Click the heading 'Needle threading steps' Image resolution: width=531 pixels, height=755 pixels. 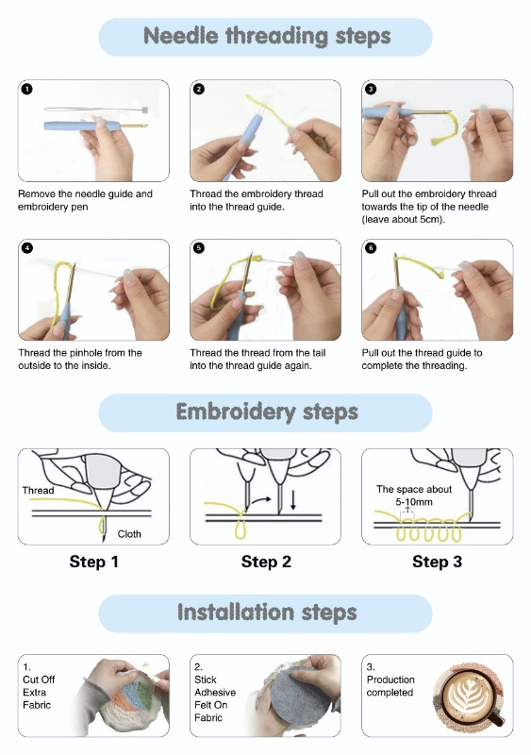(x=267, y=37)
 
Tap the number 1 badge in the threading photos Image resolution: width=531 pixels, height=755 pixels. (x=27, y=89)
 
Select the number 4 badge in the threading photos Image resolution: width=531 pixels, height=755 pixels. (x=27, y=248)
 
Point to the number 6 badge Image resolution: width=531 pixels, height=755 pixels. (x=371, y=248)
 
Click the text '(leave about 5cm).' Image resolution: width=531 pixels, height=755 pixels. (x=404, y=220)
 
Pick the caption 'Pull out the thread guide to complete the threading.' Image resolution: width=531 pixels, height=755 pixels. (x=422, y=360)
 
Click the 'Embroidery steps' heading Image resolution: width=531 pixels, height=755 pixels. (x=267, y=412)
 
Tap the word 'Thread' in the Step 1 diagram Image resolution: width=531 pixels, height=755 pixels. (x=38, y=490)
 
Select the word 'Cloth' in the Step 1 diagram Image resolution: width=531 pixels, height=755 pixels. (x=129, y=534)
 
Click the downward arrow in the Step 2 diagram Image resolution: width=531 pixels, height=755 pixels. (x=292, y=500)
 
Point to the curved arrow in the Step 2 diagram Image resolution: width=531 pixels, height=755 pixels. (x=260, y=501)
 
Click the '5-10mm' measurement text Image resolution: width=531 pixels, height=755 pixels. (x=414, y=502)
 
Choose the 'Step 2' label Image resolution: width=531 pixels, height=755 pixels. (x=266, y=562)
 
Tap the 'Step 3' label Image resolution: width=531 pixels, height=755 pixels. (x=437, y=562)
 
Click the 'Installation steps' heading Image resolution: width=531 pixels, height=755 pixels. (x=267, y=612)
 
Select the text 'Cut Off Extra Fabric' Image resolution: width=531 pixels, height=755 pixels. (x=39, y=693)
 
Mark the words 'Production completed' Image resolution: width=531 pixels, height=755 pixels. (x=390, y=686)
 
